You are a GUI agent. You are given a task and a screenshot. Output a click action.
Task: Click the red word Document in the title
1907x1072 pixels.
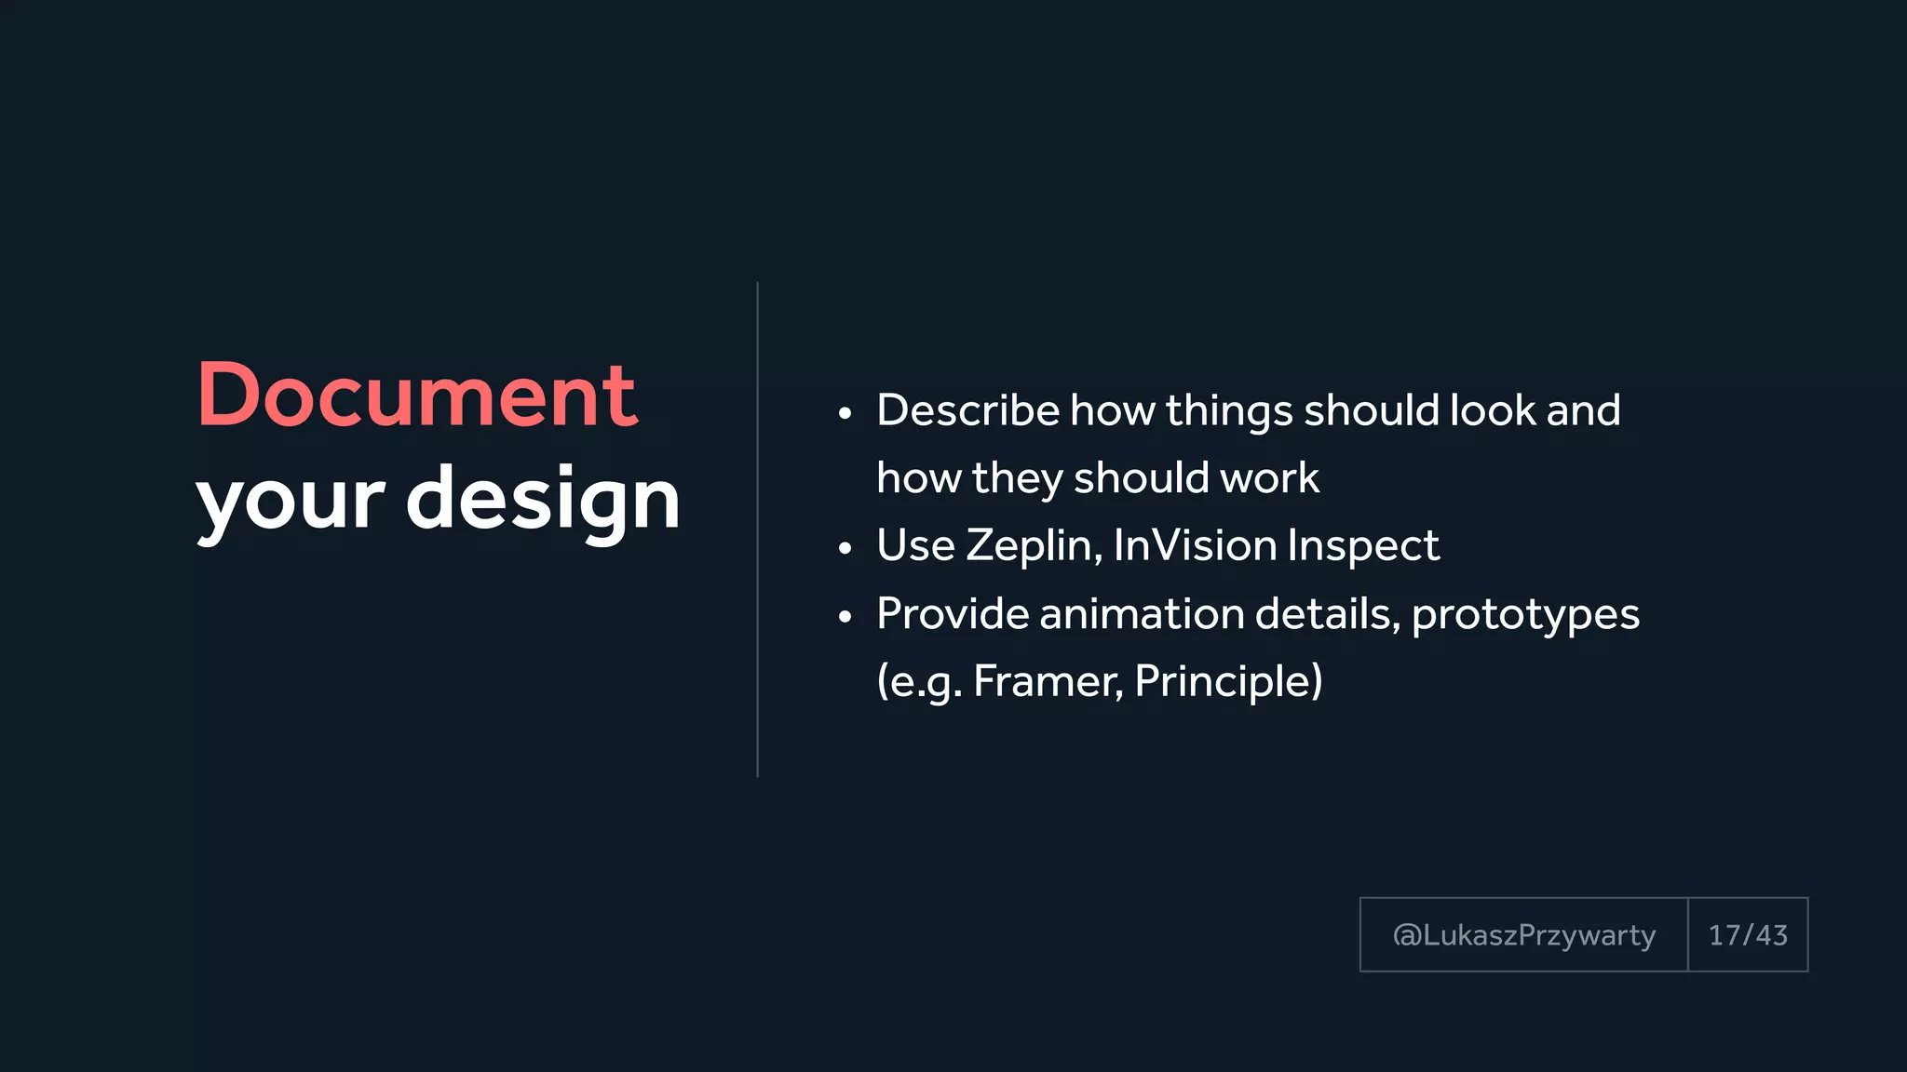(x=416, y=396)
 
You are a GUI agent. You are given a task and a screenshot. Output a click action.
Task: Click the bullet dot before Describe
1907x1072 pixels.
(x=845, y=414)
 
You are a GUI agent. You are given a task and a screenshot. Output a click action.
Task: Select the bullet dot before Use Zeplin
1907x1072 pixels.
(x=845, y=549)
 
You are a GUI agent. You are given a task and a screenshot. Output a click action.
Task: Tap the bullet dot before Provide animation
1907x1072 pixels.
(x=845, y=617)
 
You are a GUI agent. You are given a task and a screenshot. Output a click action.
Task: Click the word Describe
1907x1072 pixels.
(x=967, y=410)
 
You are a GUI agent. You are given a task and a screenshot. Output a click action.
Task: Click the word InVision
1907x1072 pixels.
(x=1194, y=545)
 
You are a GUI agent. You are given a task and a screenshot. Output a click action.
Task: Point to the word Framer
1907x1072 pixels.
(x=1048, y=682)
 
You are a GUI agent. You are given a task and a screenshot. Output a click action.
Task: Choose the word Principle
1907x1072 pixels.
(x=1221, y=682)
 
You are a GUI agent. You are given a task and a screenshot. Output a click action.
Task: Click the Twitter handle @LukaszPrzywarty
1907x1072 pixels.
(x=1523, y=935)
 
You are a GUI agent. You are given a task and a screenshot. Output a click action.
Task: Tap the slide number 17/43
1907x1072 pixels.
(x=1748, y=935)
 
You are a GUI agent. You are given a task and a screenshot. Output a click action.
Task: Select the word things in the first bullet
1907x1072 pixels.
(x=1229, y=411)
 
